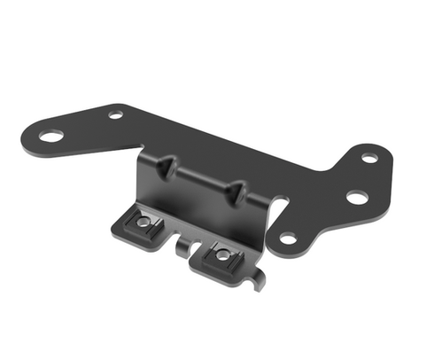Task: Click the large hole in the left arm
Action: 51,136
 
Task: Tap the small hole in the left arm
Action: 116,114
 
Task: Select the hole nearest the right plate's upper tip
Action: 369,158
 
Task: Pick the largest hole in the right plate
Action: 356,196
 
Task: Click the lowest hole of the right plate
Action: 288,237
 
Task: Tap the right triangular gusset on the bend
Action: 238,190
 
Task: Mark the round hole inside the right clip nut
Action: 223,254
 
